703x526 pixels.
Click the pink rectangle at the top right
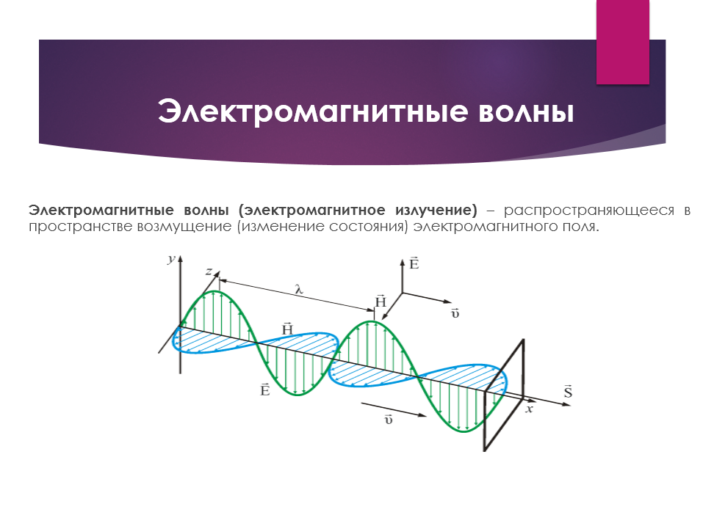point(623,42)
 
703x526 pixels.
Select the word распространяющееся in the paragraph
point(588,211)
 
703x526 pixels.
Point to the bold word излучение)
point(436,211)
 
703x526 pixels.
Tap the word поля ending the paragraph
point(581,227)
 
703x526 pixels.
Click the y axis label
point(171,259)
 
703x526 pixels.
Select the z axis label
point(209,271)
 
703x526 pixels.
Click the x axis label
point(530,409)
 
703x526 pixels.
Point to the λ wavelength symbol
point(299,289)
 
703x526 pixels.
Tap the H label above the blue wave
point(287,329)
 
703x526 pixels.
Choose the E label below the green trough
point(265,390)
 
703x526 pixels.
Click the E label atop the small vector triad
point(414,263)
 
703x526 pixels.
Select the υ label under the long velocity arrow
point(389,420)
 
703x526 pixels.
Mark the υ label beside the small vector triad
point(455,313)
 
